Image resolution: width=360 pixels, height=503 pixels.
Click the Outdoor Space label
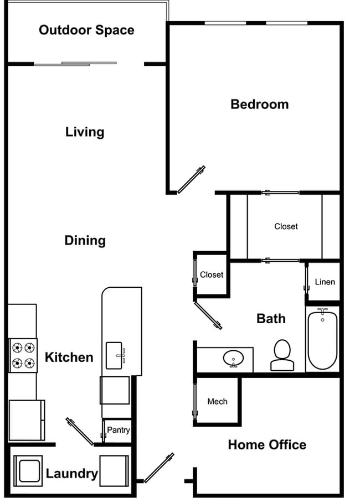[86, 30]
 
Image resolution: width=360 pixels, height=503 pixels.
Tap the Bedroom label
[259, 104]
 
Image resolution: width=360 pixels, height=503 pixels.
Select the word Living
[85, 132]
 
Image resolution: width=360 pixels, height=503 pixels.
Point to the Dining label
[85, 240]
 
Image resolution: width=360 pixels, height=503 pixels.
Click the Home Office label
[266, 444]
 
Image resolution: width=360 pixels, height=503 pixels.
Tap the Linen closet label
[325, 282]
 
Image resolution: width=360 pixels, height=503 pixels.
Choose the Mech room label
[217, 401]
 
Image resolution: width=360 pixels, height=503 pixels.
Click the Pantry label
[118, 430]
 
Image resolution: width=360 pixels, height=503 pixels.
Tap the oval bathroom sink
[234, 359]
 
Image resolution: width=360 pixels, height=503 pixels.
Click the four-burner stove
[23, 355]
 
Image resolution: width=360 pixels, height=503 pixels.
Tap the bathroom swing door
[208, 315]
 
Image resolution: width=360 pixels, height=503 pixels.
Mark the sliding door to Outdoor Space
[75, 64]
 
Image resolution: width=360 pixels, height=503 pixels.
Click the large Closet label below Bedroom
[286, 226]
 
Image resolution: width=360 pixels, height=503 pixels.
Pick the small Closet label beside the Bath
[212, 274]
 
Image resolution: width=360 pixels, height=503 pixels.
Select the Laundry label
[71, 474]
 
